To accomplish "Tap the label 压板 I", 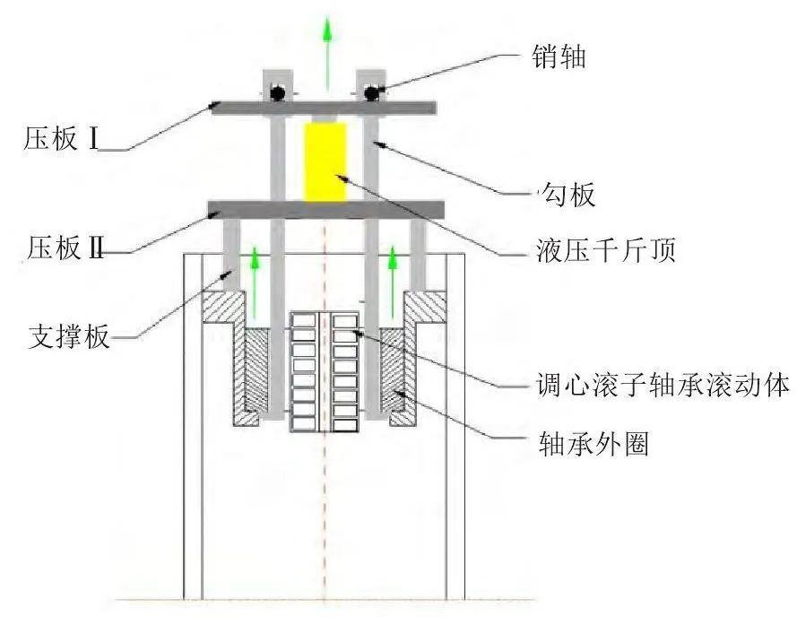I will click(x=60, y=141).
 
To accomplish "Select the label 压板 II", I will click(x=59, y=248).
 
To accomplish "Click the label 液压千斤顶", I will click(x=601, y=251).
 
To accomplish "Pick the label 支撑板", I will click(x=69, y=338).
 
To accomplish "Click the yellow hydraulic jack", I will click(x=325, y=162).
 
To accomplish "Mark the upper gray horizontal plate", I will click(x=324, y=107).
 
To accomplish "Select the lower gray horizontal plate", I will click(x=325, y=210).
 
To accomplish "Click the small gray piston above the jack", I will click(x=325, y=118).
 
